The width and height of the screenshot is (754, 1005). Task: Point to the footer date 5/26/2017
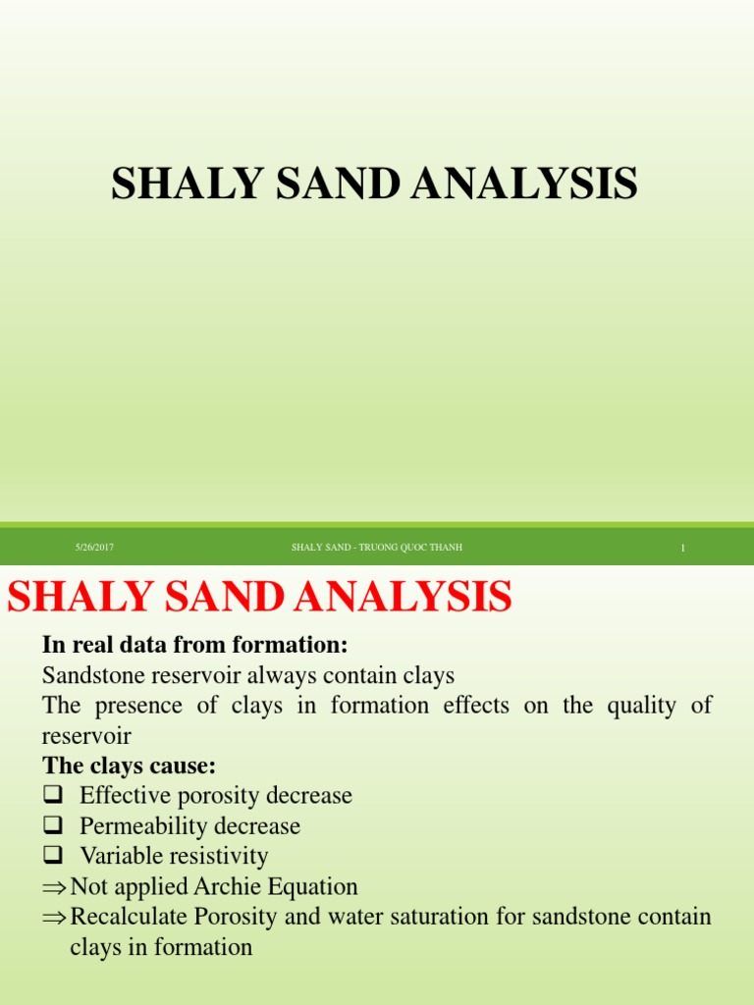pos(95,548)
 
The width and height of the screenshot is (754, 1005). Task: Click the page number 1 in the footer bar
pos(682,549)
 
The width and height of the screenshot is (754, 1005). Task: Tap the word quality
pos(633,705)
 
